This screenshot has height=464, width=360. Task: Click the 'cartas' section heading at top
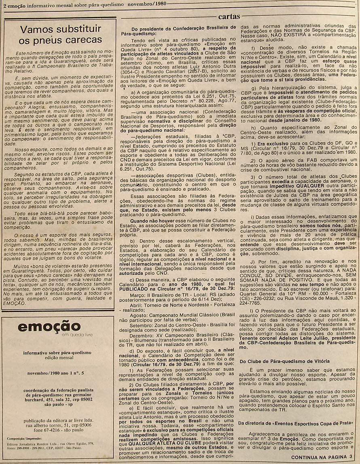[x=229, y=17]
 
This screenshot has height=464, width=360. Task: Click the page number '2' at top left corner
[x=4, y=4]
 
